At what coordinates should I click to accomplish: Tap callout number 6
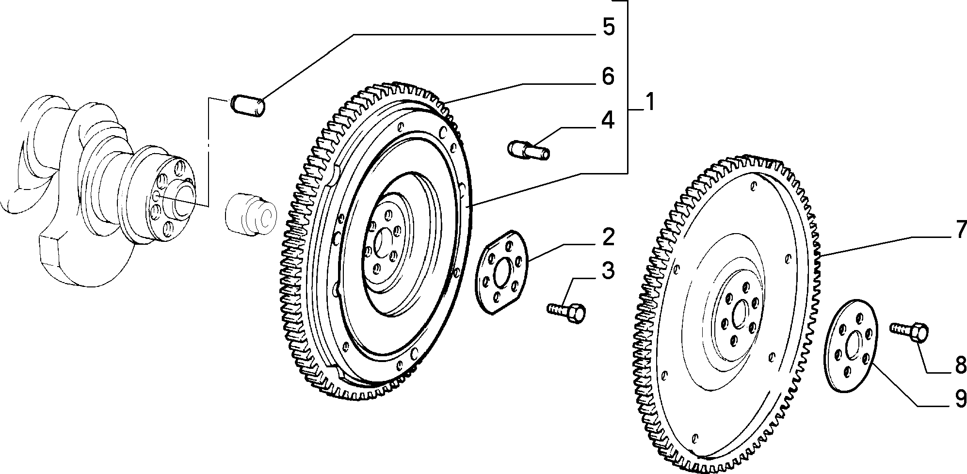(608, 77)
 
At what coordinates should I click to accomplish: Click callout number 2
(608, 237)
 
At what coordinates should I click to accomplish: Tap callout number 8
(959, 366)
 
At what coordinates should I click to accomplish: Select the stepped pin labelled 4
(529, 149)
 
